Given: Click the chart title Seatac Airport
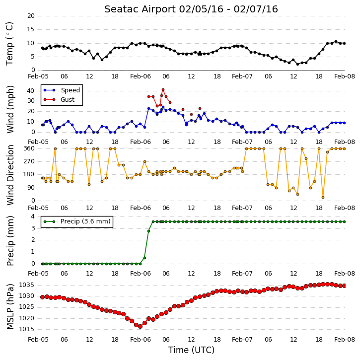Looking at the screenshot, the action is (x=140, y=9).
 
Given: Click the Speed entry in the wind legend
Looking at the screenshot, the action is (x=70, y=90).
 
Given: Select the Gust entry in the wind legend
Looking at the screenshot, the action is (x=68, y=100).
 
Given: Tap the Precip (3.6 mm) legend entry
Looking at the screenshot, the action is (x=85, y=221).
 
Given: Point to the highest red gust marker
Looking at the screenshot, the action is (x=163, y=90).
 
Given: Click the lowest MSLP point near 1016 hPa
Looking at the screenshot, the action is (x=141, y=326).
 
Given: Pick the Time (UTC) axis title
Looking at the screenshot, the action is (x=191, y=350).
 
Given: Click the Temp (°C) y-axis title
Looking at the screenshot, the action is (x=9, y=44).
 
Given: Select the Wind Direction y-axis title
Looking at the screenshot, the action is (x=10, y=175).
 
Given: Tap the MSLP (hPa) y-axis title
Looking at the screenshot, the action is (x=10, y=306).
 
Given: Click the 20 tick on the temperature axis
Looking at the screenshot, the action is (x=31, y=16).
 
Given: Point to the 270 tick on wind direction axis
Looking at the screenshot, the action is (x=29, y=161).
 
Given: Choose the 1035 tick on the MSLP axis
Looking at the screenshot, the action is (x=27, y=285).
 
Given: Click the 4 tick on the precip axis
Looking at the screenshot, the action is (x=33, y=216).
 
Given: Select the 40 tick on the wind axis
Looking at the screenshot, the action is (x=30, y=91).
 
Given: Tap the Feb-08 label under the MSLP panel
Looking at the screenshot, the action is (x=345, y=340).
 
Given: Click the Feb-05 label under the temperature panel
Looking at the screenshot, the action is (x=38, y=76).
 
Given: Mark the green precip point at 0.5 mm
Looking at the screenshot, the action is (x=144, y=258).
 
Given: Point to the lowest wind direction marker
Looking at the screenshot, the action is (x=323, y=198).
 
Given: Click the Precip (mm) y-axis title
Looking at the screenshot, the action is (x=10, y=241).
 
